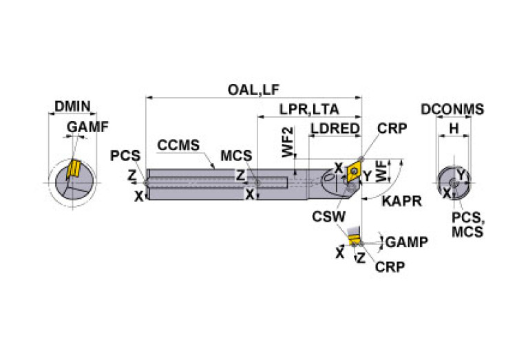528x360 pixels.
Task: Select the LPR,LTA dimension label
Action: (x=309, y=109)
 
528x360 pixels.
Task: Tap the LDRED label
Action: (x=335, y=129)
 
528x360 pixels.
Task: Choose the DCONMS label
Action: (x=452, y=109)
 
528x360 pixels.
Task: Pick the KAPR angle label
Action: (x=401, y=202)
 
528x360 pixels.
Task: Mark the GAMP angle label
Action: (x=406, y=242)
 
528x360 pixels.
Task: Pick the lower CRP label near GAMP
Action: (x=390, y=266)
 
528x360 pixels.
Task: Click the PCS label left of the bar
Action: (x=125, y=156)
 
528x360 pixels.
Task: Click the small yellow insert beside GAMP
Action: (x=355, y=240)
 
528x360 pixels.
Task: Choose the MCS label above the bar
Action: (x=235, y=156)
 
